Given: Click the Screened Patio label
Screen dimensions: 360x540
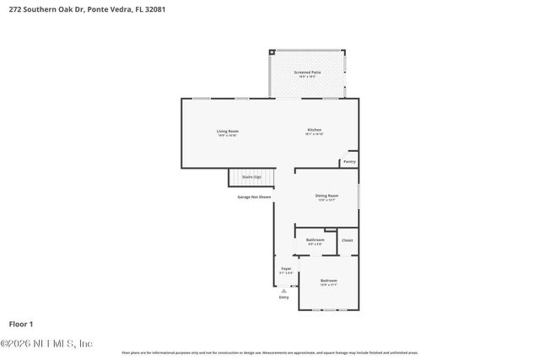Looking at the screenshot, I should coord(307,73).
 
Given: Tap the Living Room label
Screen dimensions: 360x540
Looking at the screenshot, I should coord(228,131).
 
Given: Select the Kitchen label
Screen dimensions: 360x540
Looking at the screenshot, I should coord(315,131).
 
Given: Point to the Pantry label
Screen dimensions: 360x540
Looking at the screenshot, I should coord(349,162).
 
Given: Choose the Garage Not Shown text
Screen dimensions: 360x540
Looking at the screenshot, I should coord(254,196).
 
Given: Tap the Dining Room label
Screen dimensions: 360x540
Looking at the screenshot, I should coord(327,195).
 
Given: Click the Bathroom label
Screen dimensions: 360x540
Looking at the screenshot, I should coord(316,239).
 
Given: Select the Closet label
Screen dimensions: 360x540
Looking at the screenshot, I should coord(348,240).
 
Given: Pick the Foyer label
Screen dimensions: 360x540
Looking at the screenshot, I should coord(287,268).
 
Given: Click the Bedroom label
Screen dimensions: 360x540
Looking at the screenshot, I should coord(329,280).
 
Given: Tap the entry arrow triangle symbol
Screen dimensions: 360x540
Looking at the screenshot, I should coord(283,291).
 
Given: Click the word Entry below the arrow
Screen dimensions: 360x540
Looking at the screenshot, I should coord(283,298).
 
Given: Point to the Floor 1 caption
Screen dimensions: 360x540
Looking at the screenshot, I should coord(21,324).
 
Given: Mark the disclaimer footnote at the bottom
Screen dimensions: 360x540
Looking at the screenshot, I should coord(269,352).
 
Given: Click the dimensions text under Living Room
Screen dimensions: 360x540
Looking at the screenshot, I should coord(228,136).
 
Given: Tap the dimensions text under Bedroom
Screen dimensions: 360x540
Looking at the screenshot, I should coord(329,285).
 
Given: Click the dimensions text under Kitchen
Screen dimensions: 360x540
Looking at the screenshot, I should coord(315,136).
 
